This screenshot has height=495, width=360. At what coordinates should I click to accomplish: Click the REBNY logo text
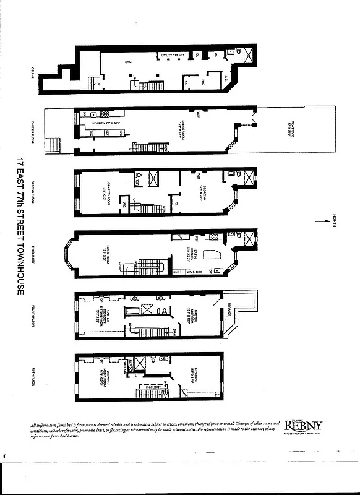[x=303, y=426]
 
